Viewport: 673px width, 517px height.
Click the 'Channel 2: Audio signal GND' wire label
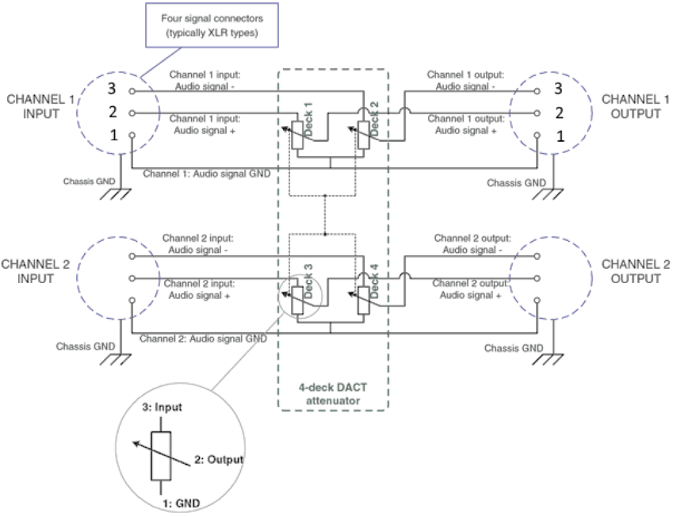[x=203, y=338]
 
